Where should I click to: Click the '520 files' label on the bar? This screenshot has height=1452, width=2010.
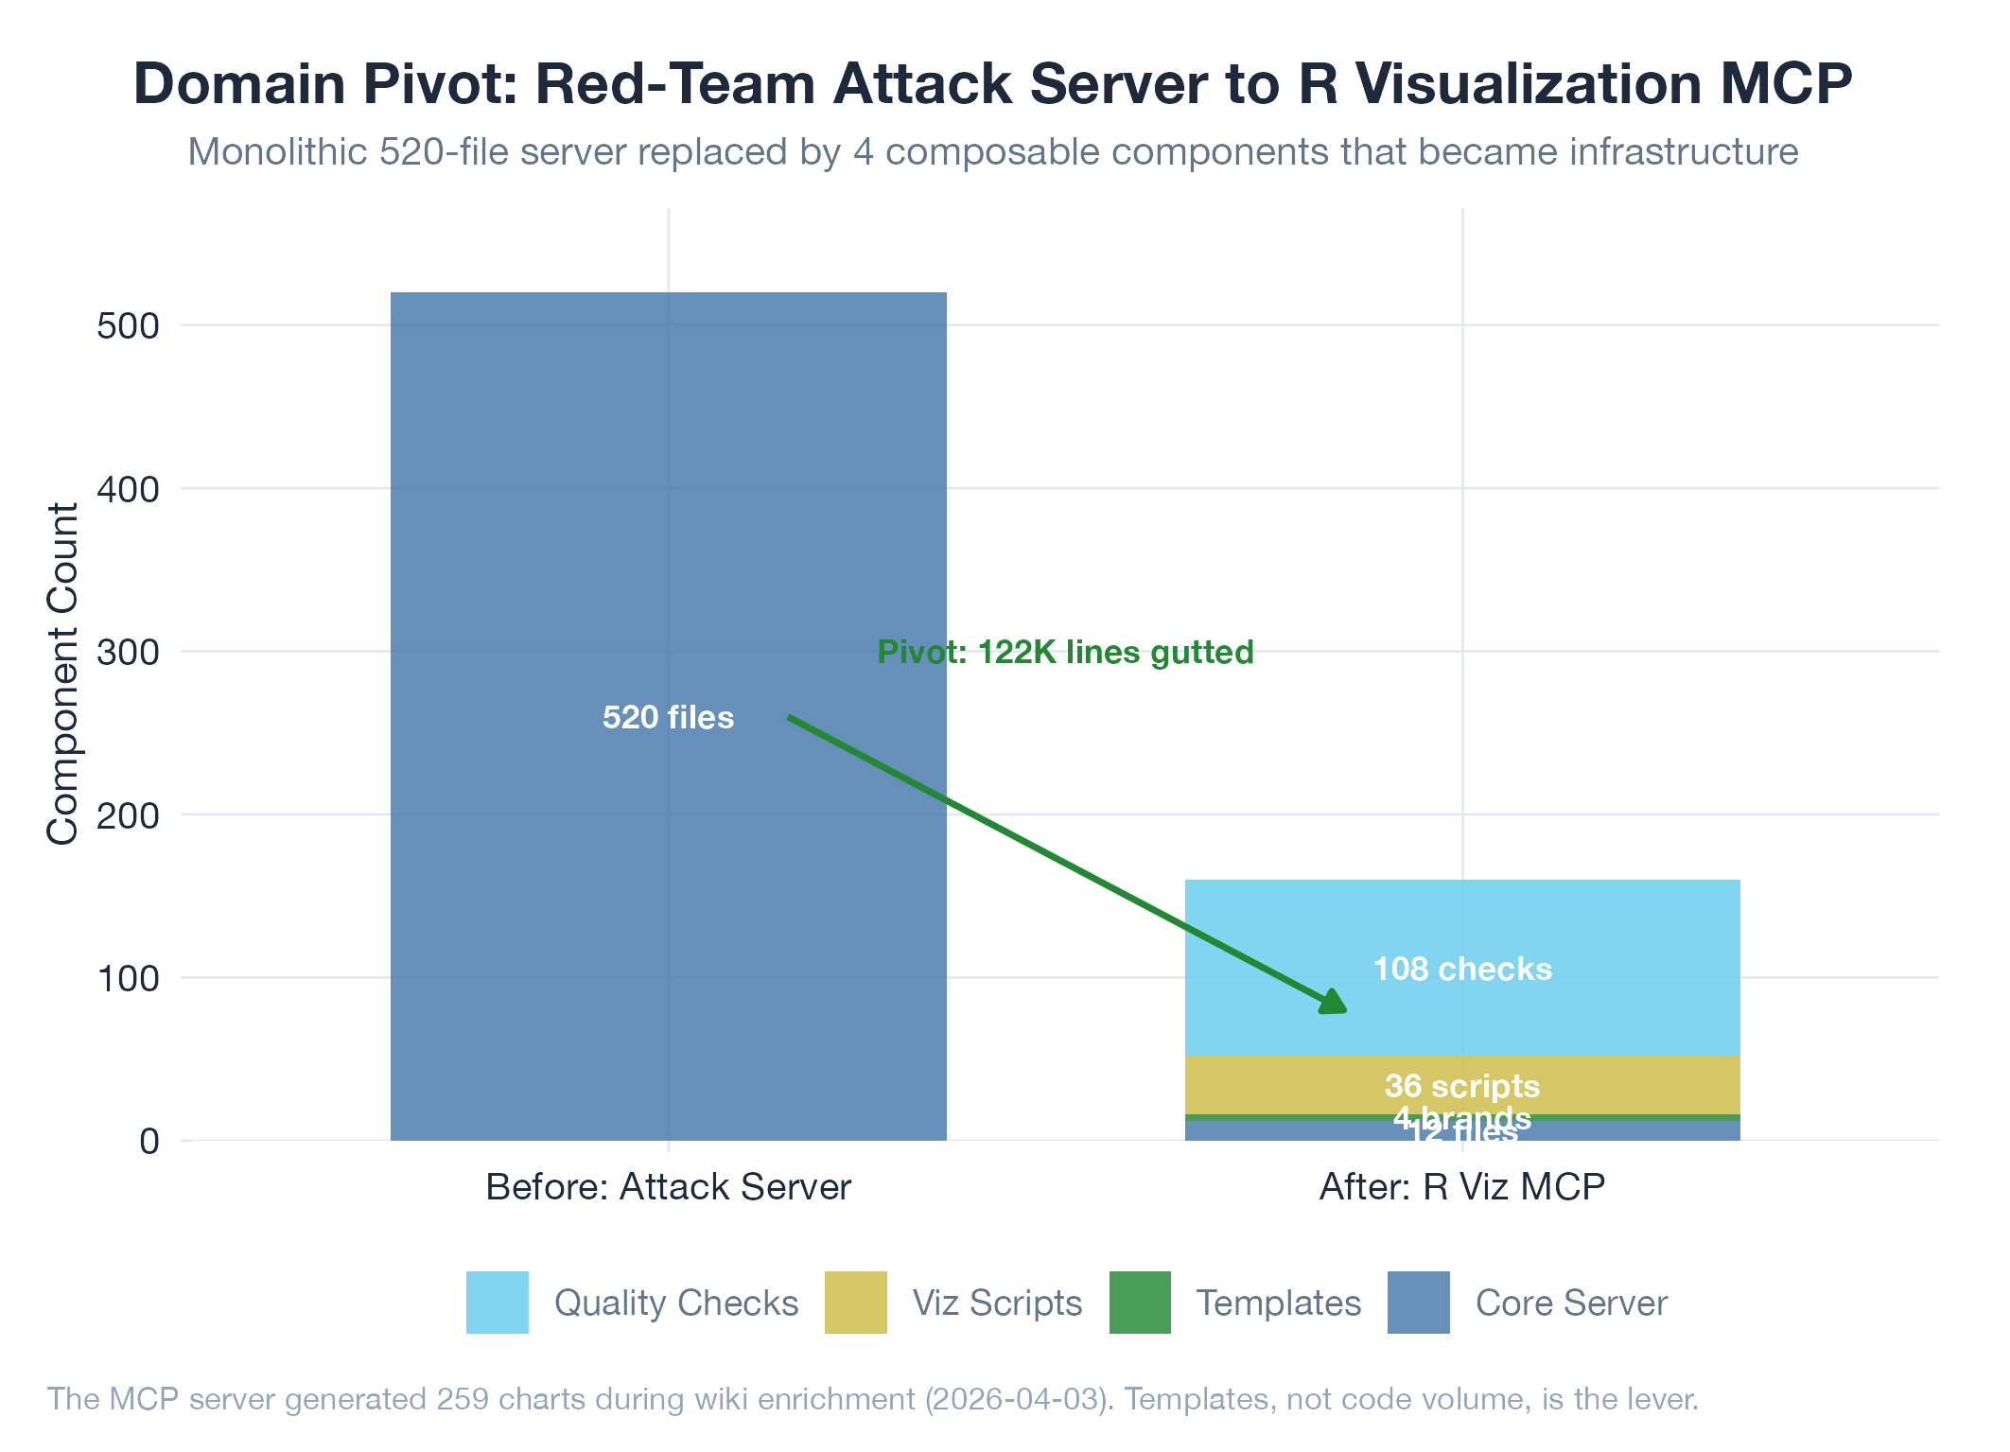668,718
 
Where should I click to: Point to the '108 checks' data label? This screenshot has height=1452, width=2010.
1462,970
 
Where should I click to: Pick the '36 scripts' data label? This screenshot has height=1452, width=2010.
1462,1086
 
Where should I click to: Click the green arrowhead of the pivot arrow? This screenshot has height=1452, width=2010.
1334,1003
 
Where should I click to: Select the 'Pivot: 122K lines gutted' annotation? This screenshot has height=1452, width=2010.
1065,653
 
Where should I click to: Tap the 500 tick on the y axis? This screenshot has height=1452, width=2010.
128,326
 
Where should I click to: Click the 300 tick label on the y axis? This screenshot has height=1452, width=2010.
128,652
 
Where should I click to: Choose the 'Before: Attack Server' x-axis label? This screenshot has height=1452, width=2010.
668,1187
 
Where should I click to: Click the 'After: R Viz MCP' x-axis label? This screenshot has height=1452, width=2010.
1462,1187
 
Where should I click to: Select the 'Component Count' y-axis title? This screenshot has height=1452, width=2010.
62,674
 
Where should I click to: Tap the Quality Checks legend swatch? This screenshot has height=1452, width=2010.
497,1303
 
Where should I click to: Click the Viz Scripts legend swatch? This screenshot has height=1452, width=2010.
855,1303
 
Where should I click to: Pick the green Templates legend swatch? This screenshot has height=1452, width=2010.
1140,1303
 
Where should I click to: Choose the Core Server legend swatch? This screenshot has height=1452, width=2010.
1418,1303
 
